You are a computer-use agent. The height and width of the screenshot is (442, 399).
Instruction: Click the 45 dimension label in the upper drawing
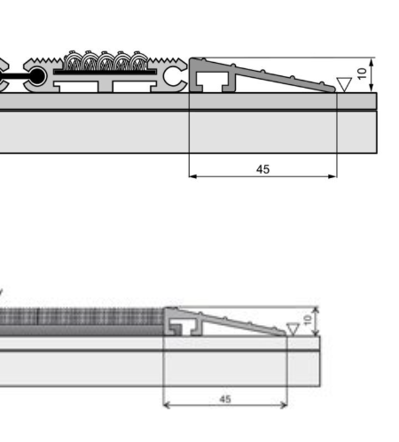click(x=262, y=169)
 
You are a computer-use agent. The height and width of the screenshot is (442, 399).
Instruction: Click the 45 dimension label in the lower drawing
click(x=225, y=399)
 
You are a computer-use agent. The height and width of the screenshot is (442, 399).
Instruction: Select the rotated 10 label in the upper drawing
click(x=362, y=74)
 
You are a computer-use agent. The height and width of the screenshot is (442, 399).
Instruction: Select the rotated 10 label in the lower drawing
click(x=308, y=320)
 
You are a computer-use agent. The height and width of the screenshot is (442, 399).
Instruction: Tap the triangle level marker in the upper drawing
click(x=344, y=84)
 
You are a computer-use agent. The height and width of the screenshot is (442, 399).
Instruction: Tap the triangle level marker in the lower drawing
click(x=293, y=329)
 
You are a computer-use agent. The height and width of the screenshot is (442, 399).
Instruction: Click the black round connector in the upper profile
click(x=36, y=77)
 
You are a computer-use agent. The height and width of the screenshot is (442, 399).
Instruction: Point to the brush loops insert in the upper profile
click(x=106, y=60)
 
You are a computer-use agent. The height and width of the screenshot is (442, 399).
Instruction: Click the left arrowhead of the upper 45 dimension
click(x=192, y=176)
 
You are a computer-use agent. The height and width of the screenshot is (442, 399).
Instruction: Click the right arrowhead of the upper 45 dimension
click(x=332, y=176)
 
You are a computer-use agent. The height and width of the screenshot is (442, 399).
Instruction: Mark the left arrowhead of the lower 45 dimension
click(x=167, y=405)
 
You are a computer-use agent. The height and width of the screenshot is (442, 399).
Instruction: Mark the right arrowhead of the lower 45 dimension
click(x=284, y=405)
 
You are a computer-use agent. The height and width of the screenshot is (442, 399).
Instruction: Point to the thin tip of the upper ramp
click(x=334, y=89)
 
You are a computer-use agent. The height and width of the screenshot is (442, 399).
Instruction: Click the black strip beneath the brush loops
click(x=105, y=72)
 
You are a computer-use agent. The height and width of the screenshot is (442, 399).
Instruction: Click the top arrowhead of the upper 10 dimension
click(x=372, y=62)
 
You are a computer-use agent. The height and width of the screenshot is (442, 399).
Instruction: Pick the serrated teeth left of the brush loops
click(x=46, y=61)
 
